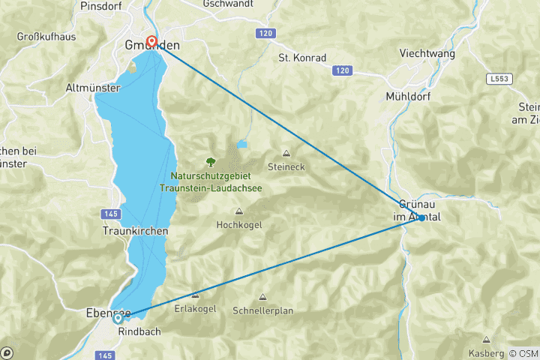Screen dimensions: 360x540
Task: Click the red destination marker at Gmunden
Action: click(152, 42)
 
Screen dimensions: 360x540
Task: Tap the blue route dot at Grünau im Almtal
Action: click(421, 217)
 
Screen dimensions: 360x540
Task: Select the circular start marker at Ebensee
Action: click(118, 319)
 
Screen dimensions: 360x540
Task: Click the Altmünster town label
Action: click(93, 88)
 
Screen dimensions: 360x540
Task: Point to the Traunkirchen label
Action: click(135, 232)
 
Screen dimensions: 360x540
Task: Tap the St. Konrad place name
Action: click(302, 58)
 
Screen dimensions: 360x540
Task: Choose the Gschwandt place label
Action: click(229, 4)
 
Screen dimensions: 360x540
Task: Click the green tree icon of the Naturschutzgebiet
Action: click(210, 161)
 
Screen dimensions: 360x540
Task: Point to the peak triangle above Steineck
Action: click(286, 153)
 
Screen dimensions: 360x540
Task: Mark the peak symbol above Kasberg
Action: click(486, 340)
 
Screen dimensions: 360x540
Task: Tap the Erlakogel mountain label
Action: click(196, 308)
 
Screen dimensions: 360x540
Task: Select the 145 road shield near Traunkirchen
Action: click(112, 214)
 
